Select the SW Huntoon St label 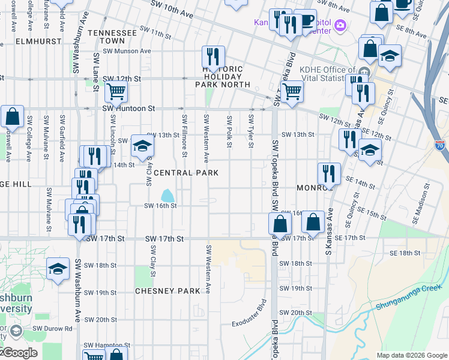(x=128, y=109)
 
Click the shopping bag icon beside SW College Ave (x=11, y=117)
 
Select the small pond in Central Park (x=167, y=196)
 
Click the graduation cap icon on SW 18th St (x=58, y=268)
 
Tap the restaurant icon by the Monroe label (x=328, y=173)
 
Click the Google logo (x=19, y=352)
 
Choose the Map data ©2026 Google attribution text (x=411, y=355)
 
